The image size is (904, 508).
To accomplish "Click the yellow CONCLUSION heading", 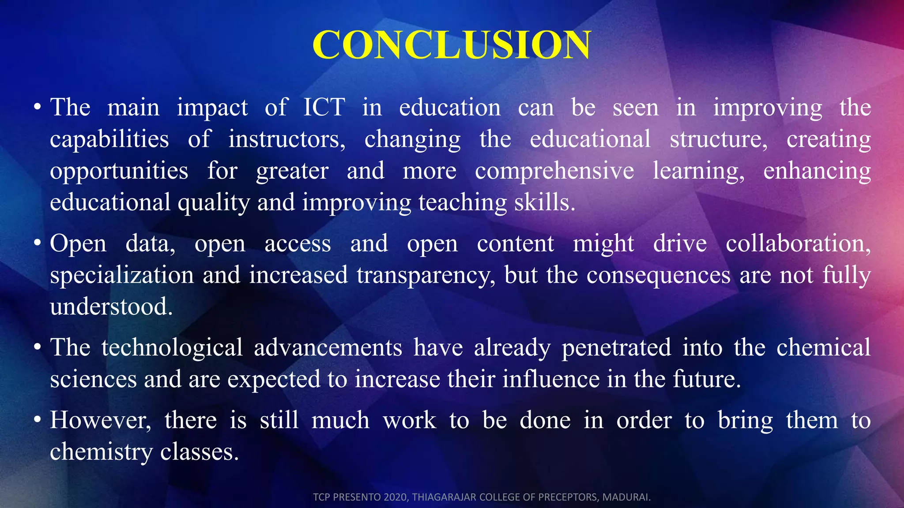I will [x=451, y=45].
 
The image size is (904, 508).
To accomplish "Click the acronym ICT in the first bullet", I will [x=324, y=108].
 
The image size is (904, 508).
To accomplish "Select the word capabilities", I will [x=109, y=139].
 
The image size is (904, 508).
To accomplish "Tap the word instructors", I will [x=286, y=139].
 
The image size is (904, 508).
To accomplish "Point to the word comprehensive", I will [x=554, y=171].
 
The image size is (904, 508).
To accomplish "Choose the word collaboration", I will [x=798, y=243].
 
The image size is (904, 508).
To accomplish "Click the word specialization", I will [x=122, y=275].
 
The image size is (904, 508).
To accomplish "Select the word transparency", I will [x=426, y=275].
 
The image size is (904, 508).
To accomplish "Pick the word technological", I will [x=172, y=347].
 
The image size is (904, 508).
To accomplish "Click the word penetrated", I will [x=616, y=347].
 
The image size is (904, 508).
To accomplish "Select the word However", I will [x=100, y=420].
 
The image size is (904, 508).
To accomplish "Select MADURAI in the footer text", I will [x=626, y=497].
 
